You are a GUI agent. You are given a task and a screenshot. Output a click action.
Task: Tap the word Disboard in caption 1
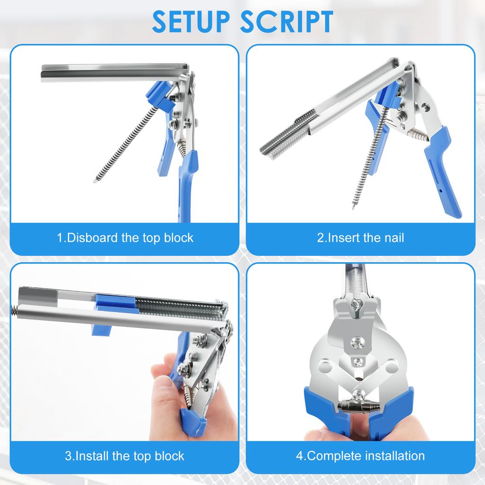(93, 237)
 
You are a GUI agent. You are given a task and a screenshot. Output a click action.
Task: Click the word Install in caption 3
(92, 456)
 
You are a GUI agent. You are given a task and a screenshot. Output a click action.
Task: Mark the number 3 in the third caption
(68, 456)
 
